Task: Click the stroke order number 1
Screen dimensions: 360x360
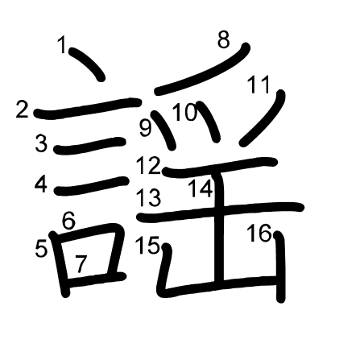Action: [62, 44]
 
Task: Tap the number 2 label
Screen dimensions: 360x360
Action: [22, 110]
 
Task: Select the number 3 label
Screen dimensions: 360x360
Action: [41, 143]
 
